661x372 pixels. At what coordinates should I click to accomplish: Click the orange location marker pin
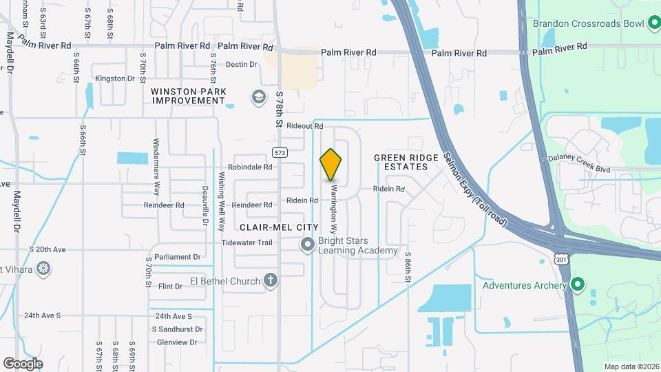(331, 164)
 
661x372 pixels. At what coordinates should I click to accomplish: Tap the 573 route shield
(279, 152)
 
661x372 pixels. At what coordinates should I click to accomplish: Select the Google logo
(23, 363)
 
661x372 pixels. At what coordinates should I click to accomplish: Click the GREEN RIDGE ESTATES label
(406, 163)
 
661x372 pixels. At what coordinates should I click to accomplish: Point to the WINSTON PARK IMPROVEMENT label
(188, 95)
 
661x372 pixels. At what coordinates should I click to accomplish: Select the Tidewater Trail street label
(247, 242)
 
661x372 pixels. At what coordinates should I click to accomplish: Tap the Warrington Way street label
(334, 203)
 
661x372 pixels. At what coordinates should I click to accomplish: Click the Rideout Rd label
(305, 126)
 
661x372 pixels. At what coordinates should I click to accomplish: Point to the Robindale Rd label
(251, 167)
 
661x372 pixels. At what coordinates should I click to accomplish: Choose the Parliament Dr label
(177, 257)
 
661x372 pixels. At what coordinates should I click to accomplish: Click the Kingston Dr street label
(115, 79)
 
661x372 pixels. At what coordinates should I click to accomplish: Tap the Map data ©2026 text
(631, 366)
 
